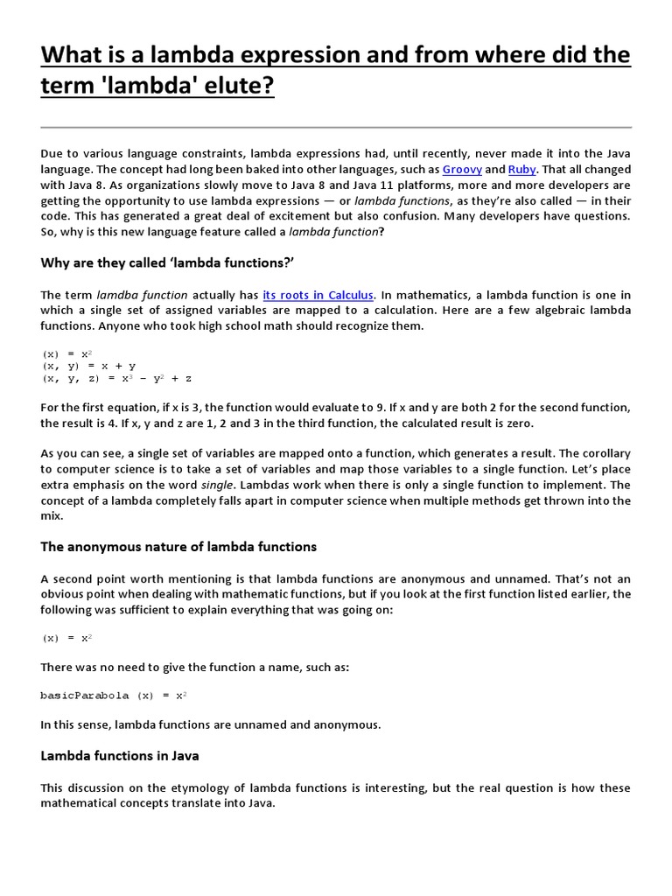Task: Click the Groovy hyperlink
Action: tap(462, 169)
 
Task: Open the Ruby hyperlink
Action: tap(521, 169)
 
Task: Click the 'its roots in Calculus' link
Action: tap(318, 295)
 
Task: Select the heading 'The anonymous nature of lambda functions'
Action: tap(178, 547)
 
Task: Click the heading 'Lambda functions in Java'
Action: tap(120, 755)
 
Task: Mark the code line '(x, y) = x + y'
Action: tap(88, 367)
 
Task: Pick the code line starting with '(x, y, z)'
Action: tap(116, 379)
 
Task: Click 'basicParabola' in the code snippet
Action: tap(84, 696)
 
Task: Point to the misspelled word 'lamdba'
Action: tap(118, 295)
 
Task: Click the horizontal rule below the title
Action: tap(336, 128)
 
